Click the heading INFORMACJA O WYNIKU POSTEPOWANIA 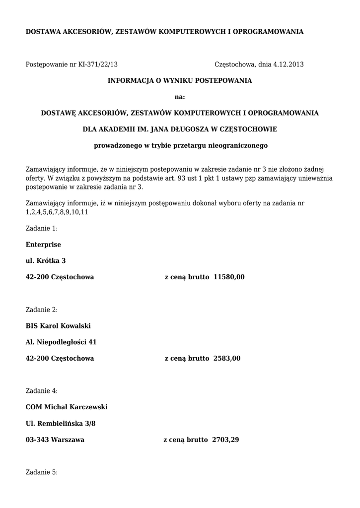(x=180, y=80)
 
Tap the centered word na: (x=180, y=97)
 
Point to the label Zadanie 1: (x=41, y=229)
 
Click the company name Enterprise (x=43, y=245)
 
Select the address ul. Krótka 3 (x=46, y=261)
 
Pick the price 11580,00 (x=229, y=277)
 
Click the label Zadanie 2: (x=41, y=310)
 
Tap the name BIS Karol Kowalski (x=58, y=326)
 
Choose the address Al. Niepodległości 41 (x=61, y=342)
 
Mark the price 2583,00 (x=227, y=358)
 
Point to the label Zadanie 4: (x=41, y=391)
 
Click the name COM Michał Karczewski (x=67, y=407)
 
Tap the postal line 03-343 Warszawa (x=55, y=440)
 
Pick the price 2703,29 (x=225, y=440)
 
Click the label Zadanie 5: (x=41, y=472)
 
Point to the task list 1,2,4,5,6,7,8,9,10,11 (x=57, y=212)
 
